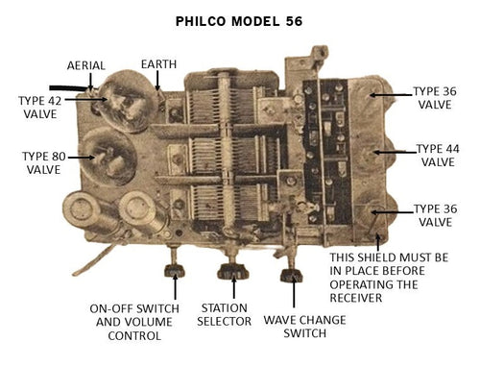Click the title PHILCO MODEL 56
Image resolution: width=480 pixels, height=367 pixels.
[240, 19]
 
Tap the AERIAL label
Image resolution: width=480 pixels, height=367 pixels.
[86, 65]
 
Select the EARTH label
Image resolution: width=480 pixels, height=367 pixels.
[157, 63]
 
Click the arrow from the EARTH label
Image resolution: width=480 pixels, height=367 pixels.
[156, 82]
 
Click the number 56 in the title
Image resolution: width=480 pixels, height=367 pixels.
[290, 19]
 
